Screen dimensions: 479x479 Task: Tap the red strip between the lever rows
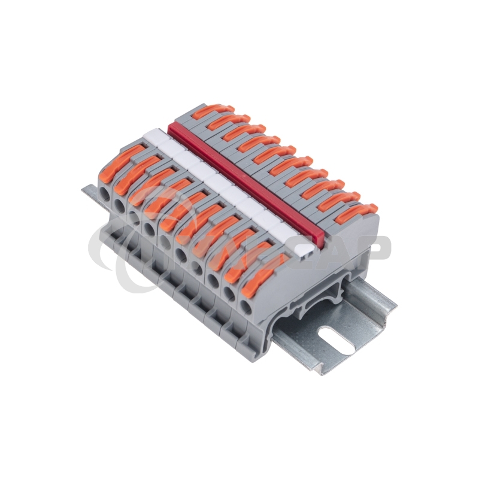(x=251, y=180)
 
